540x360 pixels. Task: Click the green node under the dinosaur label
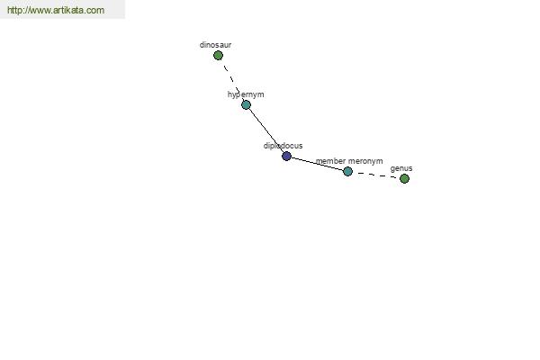pos(218,55)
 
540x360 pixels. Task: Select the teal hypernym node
pos(246,104)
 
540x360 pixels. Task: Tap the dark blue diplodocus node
pos(286,156)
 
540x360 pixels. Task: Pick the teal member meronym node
pos(347,171)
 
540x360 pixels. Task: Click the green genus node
pos(404,178)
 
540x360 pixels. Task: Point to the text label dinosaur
pos(216,45)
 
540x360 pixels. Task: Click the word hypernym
pos(246,94)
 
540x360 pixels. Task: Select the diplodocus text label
pos(283,146)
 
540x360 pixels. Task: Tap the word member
pos(330,161)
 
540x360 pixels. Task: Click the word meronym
pos(365,161)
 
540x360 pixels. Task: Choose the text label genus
pos(401,169)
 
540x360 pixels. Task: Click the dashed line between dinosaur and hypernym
pos(232,80)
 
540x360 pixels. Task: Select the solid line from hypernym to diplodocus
pos(266,130)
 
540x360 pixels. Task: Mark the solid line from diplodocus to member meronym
pos(317,164)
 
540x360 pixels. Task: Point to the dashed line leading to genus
pos(376,175)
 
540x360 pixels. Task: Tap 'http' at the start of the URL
pos(13,10)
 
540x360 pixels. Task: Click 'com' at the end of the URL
pos(95,10)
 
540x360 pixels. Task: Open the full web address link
pos(56,10)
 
